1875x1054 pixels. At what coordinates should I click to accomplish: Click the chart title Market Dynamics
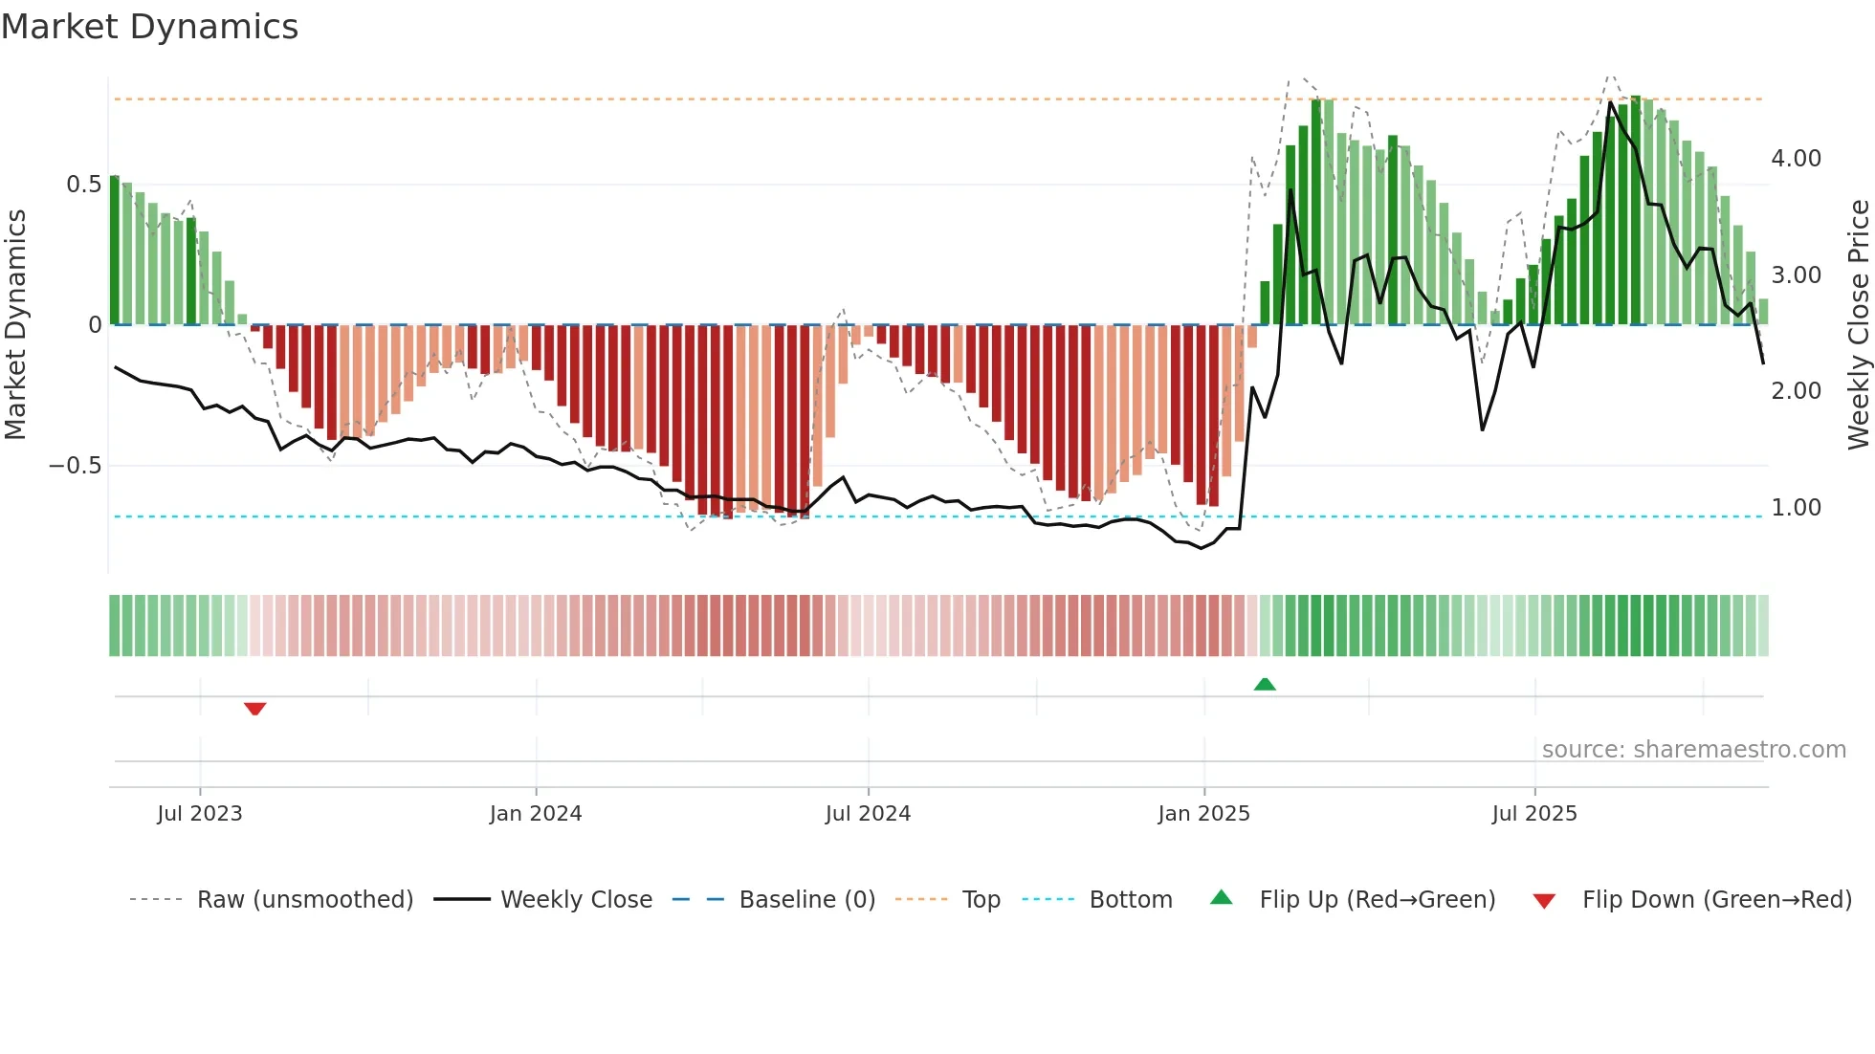[149, 27]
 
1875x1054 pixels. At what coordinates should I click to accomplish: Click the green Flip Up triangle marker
[1265, 684]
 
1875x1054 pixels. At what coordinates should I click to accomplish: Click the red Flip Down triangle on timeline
[254, 709]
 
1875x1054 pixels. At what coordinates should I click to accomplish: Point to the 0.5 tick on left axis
[83, 185]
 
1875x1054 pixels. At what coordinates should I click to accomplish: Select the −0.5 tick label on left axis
[75, 466]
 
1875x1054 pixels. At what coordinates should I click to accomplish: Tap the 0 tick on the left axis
[95, 325]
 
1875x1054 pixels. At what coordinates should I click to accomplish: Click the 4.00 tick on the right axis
[1796, 159]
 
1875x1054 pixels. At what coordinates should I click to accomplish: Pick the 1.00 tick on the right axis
[1796, 508]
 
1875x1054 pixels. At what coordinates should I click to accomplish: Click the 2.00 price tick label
[1796, 391]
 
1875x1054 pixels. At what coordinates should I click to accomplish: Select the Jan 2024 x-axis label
[535, 814]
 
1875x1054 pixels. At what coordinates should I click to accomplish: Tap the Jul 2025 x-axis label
[1533, 814]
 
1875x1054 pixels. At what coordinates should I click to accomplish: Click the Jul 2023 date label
[199, 814]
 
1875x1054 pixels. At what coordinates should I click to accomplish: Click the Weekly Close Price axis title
[1858, 324]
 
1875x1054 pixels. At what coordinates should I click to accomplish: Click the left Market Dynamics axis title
[15, 324]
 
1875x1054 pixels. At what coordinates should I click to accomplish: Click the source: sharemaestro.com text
[1693, 750]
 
